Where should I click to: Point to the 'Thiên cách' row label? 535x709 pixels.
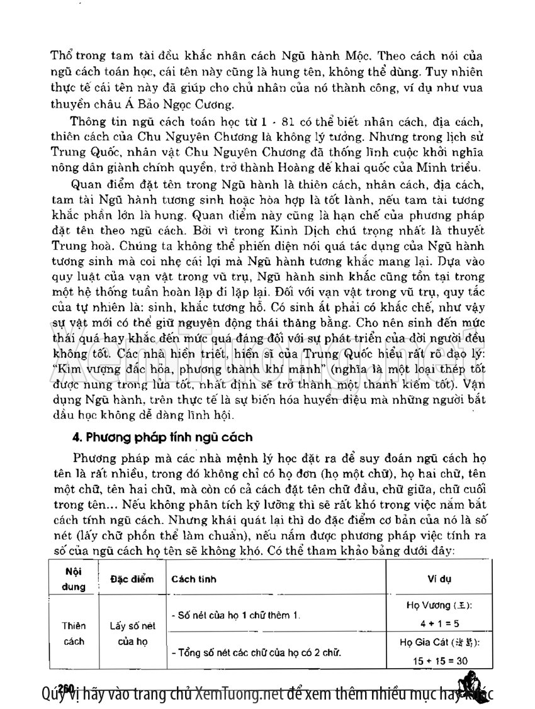point(74,634)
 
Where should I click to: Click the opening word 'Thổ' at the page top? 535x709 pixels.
point(61,54)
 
